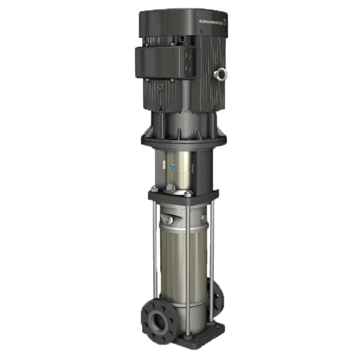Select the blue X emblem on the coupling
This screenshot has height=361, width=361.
click(x=172, y=168)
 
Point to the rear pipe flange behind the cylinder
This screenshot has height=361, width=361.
click(x=218, y=296)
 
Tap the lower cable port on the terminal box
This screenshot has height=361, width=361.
click(x=188, y=69)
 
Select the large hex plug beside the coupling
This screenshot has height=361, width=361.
click(x=171, y=188)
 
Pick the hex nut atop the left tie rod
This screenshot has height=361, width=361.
click(x=154, y=189)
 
